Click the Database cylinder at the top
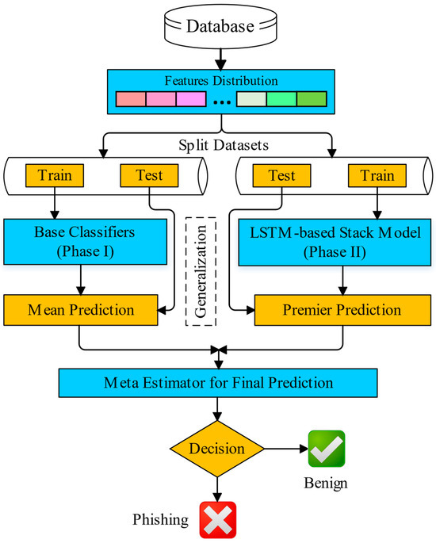tap(221, 27)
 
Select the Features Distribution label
tap(222, 79)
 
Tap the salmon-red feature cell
tap(132, 101)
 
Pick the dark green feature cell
tap(311, 101)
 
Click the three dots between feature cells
tap(221, 102)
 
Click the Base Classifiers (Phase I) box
tap(83, 243)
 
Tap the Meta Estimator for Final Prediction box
tap(218, 383)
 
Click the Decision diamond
tap(217, 449)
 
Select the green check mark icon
tap(327, 449)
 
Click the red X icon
tap(217, 519)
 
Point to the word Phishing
tap(161, 520)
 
